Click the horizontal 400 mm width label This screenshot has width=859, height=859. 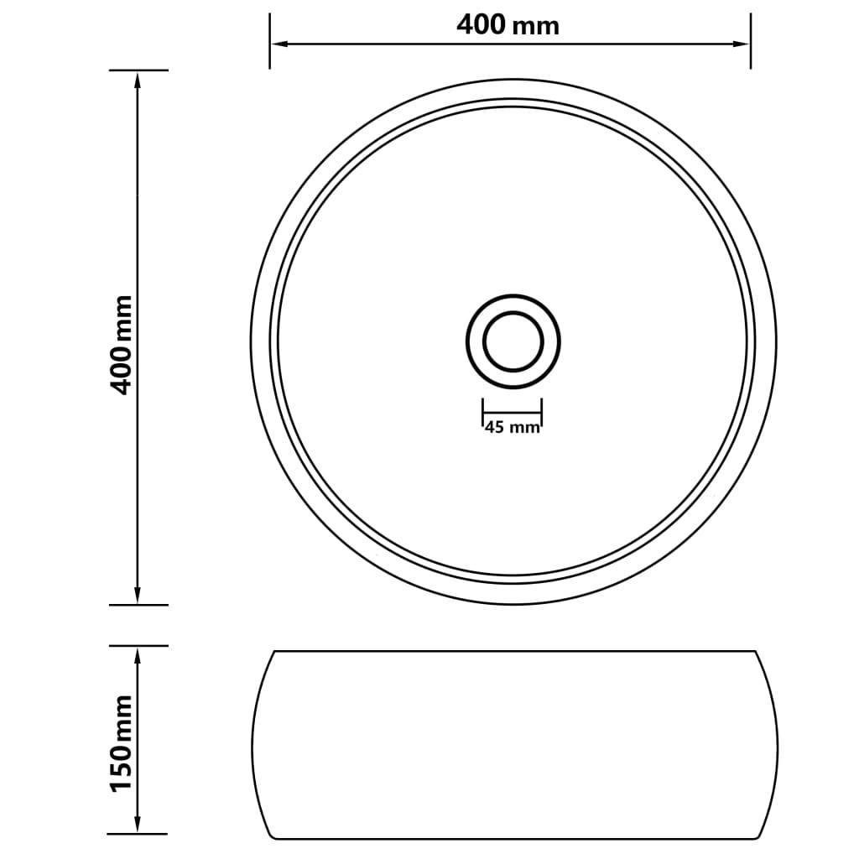(x=508, y=25)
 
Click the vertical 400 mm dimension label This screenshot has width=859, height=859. (x=122, y=344)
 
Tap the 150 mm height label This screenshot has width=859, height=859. (x=122, y=742)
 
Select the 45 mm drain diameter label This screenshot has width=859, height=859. (x=512, y=428)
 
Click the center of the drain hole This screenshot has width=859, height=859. (x=513, y=341)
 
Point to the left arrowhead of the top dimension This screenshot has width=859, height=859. (x=277, y=43)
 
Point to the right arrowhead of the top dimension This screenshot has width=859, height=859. (x=743, y=43)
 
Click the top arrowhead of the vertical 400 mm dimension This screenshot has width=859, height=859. (x=137, y=78)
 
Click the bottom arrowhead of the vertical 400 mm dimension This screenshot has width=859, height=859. (x=137, y=596)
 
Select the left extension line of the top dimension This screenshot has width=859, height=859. (x=269, y=42)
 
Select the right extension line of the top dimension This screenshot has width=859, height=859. (x=750, y=42)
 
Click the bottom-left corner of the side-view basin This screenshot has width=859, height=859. (x=273, y=836)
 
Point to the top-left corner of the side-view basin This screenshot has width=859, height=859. (x=274, y=651)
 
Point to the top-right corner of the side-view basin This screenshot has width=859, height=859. (x=755, y=651)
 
